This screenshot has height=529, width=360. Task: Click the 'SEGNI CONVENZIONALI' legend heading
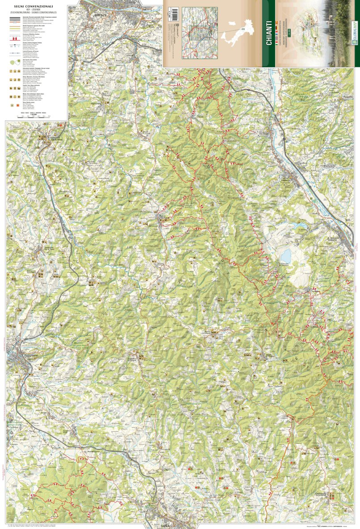coord(33,6)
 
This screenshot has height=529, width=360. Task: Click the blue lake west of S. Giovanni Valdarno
coord(285,256)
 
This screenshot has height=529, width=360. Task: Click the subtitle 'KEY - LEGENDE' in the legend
coord(33,9)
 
